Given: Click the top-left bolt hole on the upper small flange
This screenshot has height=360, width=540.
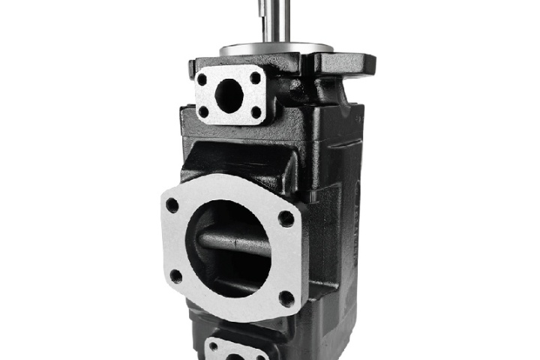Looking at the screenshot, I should (202, 77).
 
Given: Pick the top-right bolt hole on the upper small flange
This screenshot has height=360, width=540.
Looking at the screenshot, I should (255, 77).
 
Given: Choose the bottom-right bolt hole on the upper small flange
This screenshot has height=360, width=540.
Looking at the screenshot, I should (256, 112).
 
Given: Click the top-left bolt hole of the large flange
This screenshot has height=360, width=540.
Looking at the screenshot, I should (172, 204).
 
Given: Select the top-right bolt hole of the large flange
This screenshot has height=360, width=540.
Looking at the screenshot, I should (286, 218).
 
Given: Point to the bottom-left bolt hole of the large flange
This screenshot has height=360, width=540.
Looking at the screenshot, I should (175, 275).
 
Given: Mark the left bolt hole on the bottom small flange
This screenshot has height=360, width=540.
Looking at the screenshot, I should (213, 348).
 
